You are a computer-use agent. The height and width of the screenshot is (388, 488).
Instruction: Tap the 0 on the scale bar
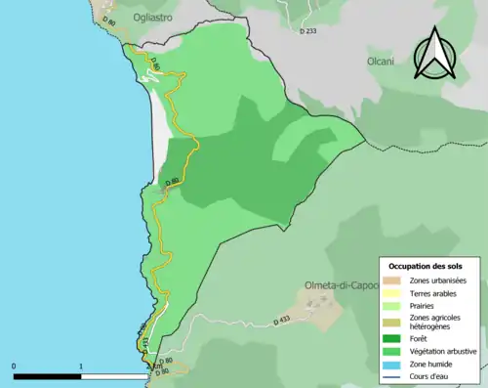click(x=14, y=366)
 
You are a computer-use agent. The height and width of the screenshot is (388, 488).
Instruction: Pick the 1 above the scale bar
click(x=80, y=366)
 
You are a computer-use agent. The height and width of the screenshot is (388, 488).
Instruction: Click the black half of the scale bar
click(x=47, y=375)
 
